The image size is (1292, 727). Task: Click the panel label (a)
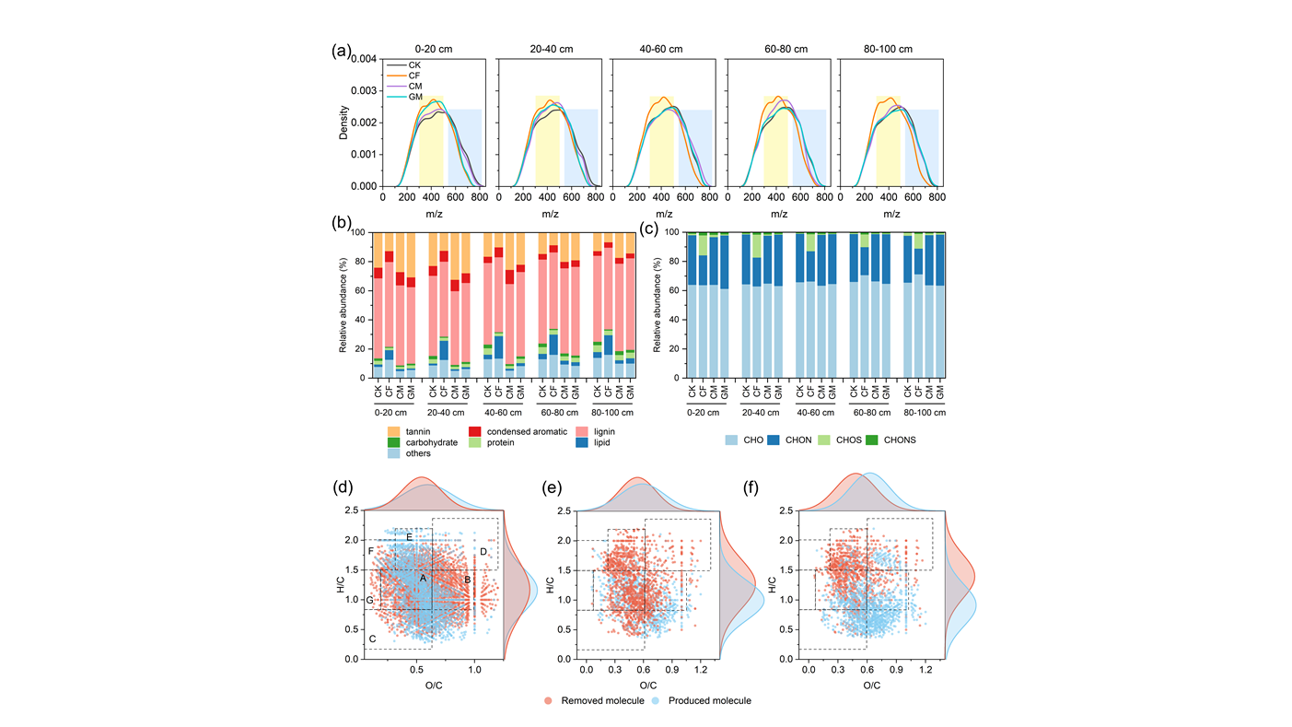click(x=341, y=53)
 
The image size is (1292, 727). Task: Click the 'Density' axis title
click(x=343, y=122)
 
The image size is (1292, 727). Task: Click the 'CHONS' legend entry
click(x=891, y=440)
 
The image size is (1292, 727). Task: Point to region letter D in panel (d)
click(x=483, y=552)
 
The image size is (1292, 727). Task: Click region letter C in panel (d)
click(x=372, y=639)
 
